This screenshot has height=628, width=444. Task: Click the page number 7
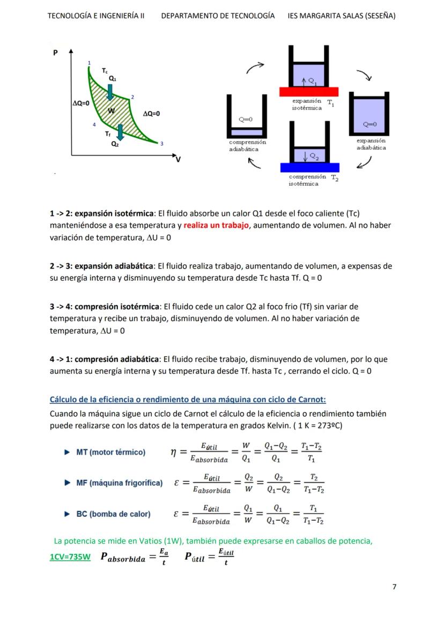click(394, 587)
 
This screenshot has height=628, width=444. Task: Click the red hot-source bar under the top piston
click(308, 92)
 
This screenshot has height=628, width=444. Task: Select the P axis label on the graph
click(55, 53)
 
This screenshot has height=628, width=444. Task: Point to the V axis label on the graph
click(177, 159)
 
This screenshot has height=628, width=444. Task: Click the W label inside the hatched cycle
click(112, 111)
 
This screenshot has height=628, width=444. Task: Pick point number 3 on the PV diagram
click(161, 143)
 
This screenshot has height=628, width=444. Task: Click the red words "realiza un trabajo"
click(216, 226)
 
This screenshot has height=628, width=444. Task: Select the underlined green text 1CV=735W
click(70, 557)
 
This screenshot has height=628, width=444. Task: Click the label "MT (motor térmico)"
click(110, 452)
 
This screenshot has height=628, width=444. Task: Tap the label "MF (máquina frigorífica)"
click(119, 483)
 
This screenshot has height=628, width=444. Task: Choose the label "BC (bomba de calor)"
click(113, 514)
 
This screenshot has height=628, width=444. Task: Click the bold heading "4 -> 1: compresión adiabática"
click(105, 359)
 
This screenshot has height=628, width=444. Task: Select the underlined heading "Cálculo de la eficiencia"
click(188, 400)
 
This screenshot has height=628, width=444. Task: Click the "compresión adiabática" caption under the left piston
click(247, 146)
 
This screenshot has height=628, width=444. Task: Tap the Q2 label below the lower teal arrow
click(115, 144)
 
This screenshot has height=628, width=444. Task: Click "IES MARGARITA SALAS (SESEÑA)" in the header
click(341, 16)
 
